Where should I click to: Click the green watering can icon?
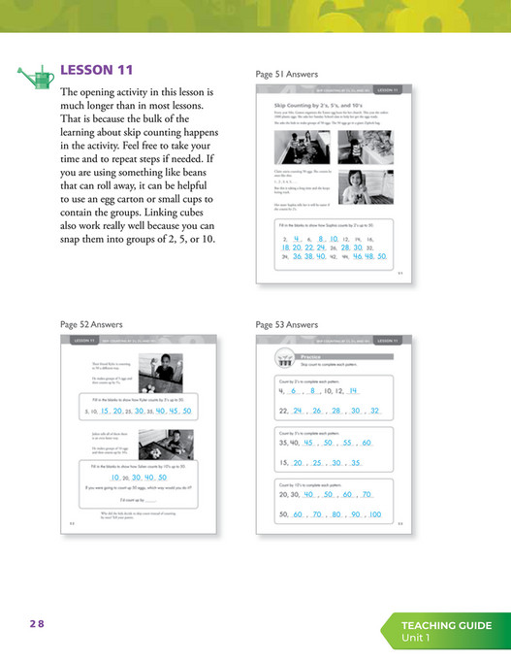click(x=36, y=75)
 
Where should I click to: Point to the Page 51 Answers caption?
click(x=287, y=73)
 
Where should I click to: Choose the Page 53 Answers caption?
click(x=287, y=323)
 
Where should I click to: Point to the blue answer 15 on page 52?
click(x=105, y=411)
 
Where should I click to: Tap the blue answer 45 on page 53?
click(x=312, y=443)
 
